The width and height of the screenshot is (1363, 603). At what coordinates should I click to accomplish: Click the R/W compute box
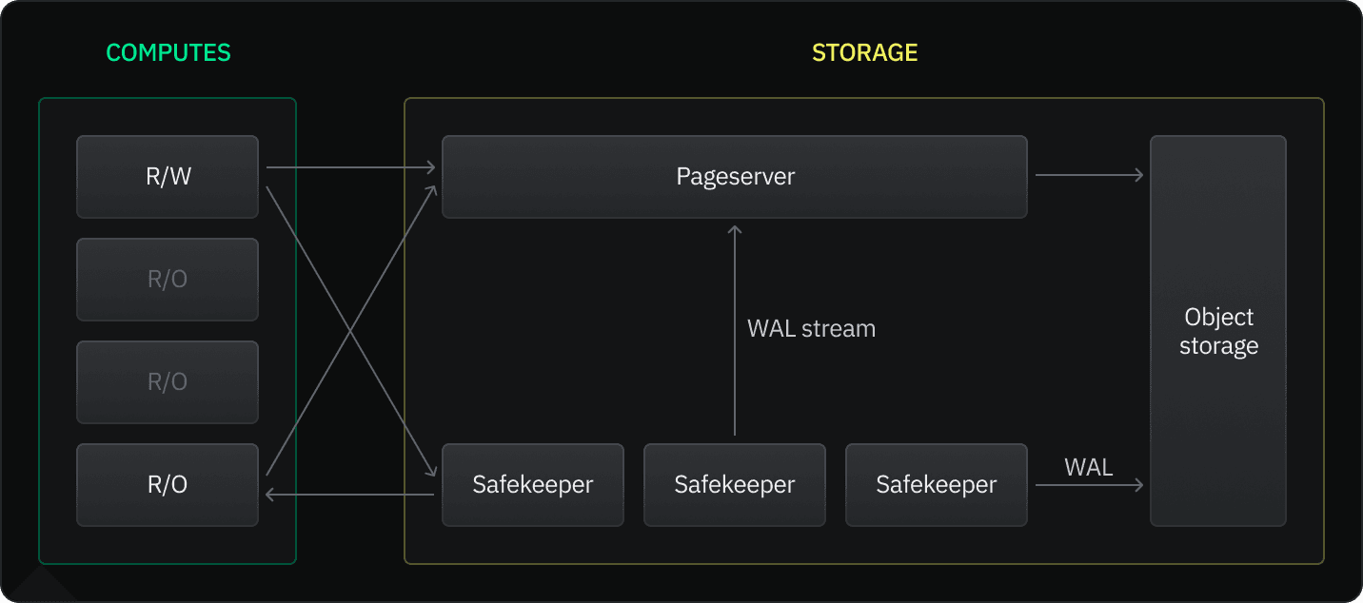168,177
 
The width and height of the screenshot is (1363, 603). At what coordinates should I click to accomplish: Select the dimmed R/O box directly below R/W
168,280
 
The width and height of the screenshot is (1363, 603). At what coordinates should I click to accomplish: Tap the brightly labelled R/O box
168,485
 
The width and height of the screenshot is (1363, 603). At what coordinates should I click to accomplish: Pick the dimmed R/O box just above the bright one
168,382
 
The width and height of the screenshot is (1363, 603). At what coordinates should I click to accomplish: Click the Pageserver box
734,177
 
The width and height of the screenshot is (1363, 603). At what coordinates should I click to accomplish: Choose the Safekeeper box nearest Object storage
936,485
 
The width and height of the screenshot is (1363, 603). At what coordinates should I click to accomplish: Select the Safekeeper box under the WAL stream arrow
734,485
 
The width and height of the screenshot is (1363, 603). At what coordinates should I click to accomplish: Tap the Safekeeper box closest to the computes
532,485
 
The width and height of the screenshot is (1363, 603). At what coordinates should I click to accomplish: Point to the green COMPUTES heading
168,52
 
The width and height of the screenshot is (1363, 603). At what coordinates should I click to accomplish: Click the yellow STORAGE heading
864,52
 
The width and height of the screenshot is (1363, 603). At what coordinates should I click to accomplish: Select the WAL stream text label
811,329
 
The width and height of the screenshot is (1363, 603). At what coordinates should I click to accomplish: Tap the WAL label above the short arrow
1088,467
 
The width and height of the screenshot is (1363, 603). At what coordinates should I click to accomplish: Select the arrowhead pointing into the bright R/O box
270,494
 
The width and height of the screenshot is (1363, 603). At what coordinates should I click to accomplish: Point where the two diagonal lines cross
350,331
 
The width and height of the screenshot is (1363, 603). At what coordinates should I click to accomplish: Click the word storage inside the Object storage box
1218,346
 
